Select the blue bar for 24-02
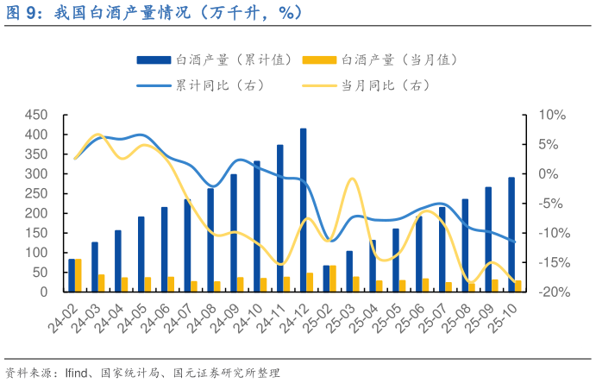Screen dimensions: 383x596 click(x=72, y=275)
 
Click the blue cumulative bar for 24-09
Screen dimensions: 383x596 click(x=234, y=233)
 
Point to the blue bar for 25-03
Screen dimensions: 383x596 click(x=349, y=271)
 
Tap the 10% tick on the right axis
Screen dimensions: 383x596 click(x=551, y=116)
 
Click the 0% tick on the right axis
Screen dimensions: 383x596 click(x=551, y=174)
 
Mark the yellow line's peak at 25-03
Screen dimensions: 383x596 click(x=352, y=179)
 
